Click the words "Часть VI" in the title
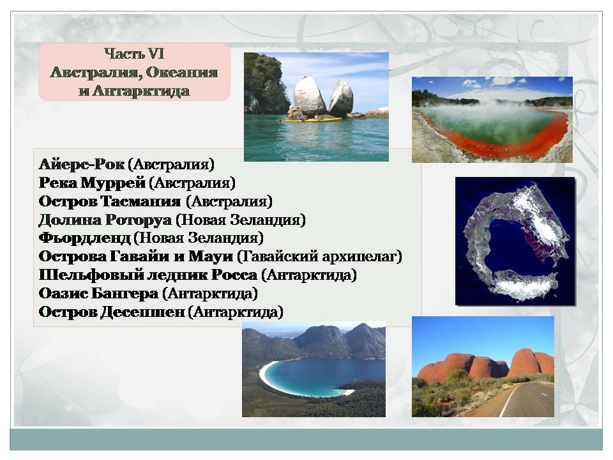(134, 54)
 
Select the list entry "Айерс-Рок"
(82, 164)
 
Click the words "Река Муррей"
(92, 182)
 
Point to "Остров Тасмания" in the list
(110, 201)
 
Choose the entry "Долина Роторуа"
(105, 220)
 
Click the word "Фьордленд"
(84, 238)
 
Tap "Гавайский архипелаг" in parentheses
(320, 257)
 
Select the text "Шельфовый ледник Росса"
(148, 275)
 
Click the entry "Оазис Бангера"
(98, 293)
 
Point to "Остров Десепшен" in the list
(111, 312)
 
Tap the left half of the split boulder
(309, 96)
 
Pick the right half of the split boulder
(341, 98)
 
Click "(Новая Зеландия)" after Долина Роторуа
(241, 220)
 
